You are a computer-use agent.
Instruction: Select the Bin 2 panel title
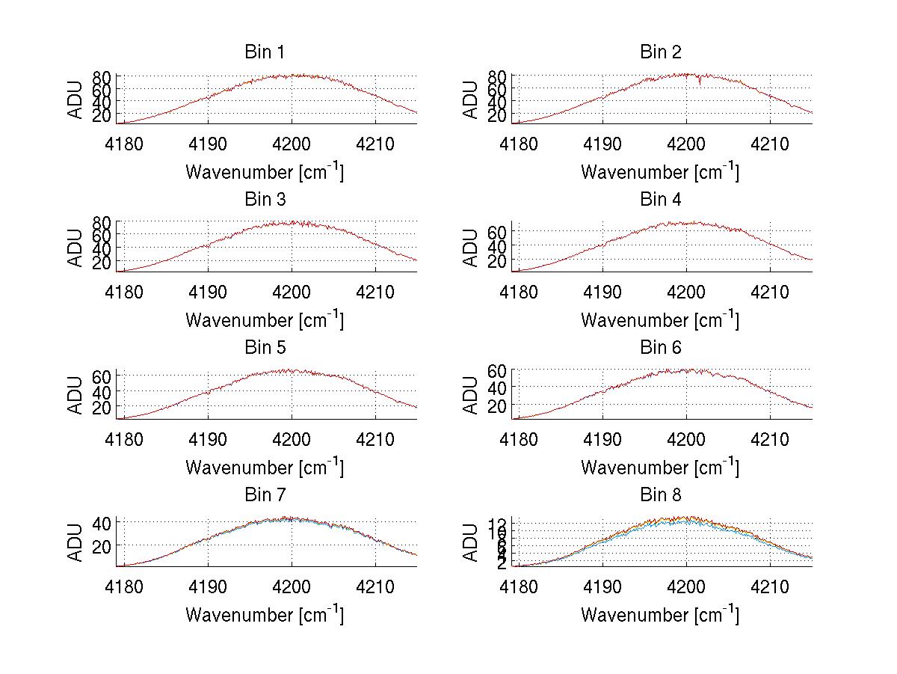661,52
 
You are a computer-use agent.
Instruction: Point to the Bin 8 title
661,494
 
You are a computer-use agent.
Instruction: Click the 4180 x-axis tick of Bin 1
123,143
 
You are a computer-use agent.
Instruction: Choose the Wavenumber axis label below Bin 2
661,172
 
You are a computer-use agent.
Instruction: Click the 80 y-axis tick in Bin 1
102,76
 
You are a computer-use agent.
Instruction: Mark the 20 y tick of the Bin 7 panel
102,545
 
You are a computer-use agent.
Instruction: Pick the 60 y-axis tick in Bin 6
498,370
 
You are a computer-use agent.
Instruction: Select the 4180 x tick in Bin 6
519,438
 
